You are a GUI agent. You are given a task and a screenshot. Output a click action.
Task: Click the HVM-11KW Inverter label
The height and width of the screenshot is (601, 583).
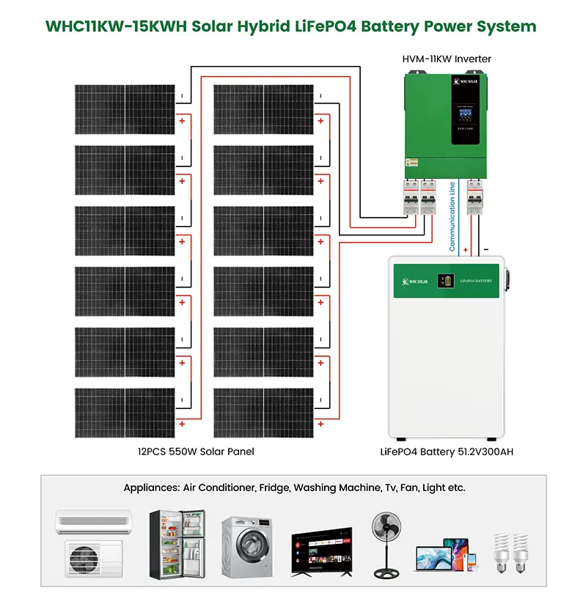coord(447,59)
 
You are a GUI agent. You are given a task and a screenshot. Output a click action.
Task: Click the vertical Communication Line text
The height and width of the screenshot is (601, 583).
coord(452,217)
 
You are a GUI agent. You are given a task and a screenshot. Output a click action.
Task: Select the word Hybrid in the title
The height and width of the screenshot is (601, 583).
coord(257,26)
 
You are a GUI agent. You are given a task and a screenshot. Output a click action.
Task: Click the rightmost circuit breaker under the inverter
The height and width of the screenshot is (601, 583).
coord(476,199)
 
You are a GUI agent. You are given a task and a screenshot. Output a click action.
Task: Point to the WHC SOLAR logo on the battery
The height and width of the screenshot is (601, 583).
coord(414,281)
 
